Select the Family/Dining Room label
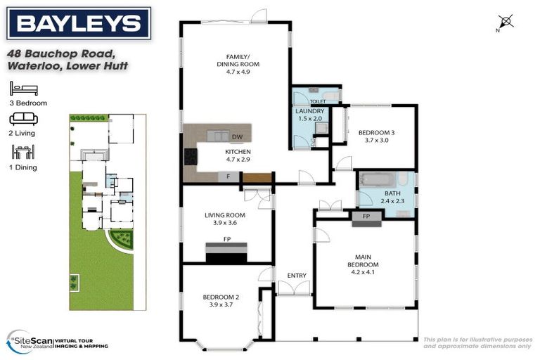[x=243, y=63]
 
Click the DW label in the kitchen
[x=237, y=137]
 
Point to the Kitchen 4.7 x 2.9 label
[x=238, y=155]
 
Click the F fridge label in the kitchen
[x=229, y=176]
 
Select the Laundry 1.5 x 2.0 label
[x=310, y=115]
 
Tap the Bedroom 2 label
[x=221, y=300]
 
